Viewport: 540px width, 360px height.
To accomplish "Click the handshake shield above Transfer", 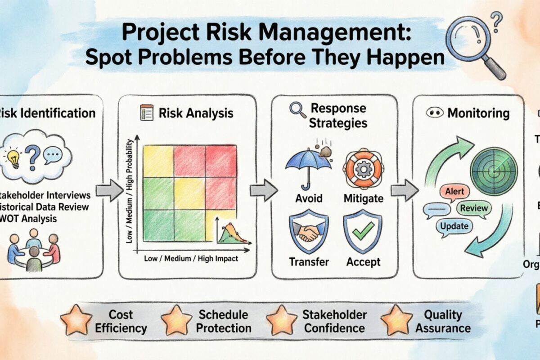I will [x=309, y=231].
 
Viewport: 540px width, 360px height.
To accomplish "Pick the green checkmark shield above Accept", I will [x=363, y=231].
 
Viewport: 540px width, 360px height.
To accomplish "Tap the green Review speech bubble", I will [x=473, y=208].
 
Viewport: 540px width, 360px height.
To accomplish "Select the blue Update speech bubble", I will [x=454, y=226].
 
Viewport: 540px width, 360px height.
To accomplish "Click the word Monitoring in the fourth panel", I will [x=478, y=113].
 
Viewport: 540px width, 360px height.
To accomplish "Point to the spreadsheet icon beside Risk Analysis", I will [x=147, y=112].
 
